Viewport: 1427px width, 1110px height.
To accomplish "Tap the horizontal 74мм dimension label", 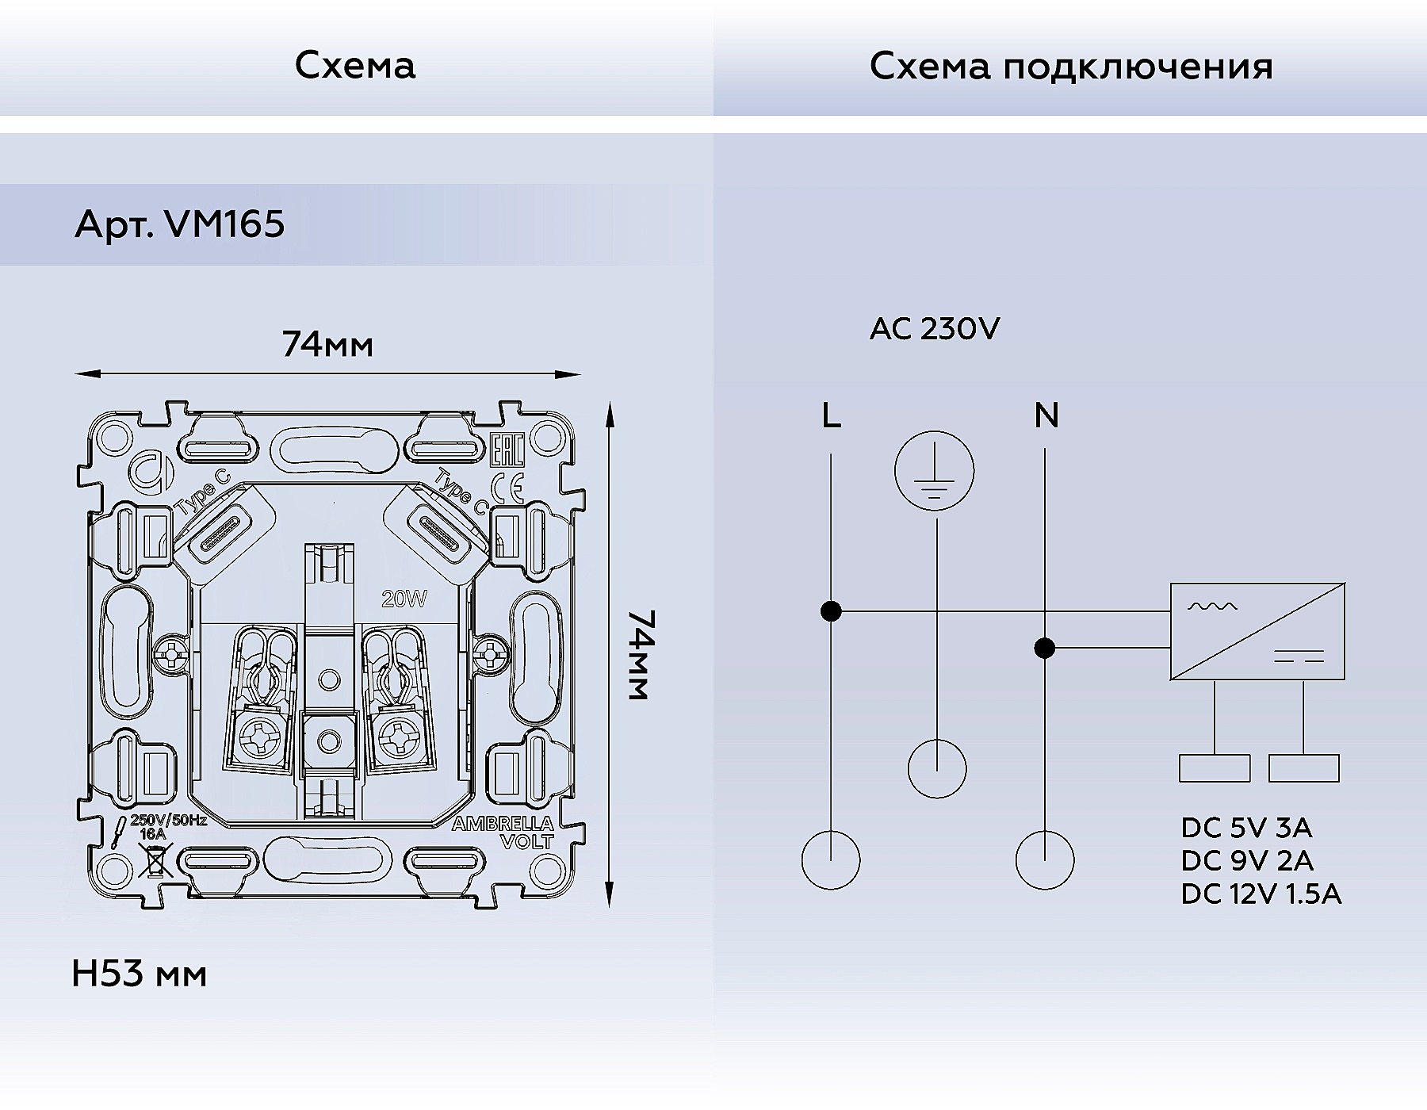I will pos(327,345).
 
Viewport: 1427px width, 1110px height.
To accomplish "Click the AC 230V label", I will pos(935,328).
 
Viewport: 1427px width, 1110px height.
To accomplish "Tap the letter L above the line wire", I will pos(831,415).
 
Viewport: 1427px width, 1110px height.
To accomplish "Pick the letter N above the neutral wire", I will pos(1046,415).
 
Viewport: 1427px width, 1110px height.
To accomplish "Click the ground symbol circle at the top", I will pos(935,472).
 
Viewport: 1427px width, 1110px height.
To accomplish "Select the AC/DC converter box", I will pos(1257,631).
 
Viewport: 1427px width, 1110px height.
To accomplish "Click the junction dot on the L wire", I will pos(831,611).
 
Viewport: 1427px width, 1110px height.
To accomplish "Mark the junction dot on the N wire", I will pos(1045,649).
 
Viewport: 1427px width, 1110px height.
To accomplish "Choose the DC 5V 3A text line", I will pos(1246,828).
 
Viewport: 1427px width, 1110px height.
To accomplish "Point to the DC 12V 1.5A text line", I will pos(1261,894).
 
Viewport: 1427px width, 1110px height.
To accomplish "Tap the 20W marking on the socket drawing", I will pos(404,599).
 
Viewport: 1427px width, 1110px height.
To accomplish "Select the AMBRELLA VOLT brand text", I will pos(504,832).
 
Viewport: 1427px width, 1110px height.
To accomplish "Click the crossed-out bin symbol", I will pos(155,862).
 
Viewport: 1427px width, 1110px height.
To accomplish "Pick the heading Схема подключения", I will pos(1071,66).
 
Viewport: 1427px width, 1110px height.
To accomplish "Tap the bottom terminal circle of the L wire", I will pos(831,860).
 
